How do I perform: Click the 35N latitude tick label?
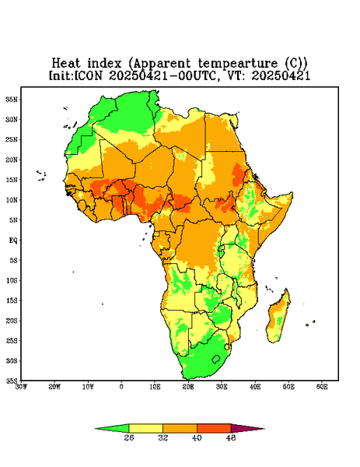click(x=12, y=99)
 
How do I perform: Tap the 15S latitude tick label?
click(x=12, y=300)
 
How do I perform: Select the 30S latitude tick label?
click(x=12, y=360)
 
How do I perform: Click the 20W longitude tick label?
click(x=54, y=387)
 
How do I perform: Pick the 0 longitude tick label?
click(x=121, y=387)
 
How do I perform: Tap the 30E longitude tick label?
click(x=222, y=387)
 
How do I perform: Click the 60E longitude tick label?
click(x=322, y=387)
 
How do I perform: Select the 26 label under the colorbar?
click(x=129, y=437)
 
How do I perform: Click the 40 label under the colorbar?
click(x=197, y=437)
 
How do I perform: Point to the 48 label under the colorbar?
click(x=231, y=437)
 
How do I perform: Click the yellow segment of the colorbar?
click(x=145, y=429)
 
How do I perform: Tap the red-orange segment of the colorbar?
click(x=214, y=429)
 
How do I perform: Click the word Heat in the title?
click(x=66, y=63)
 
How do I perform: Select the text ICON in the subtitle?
click(x=88, y=75)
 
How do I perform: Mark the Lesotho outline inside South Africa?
click(x=216, y=359)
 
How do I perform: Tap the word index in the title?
click(x=104, y=63)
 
